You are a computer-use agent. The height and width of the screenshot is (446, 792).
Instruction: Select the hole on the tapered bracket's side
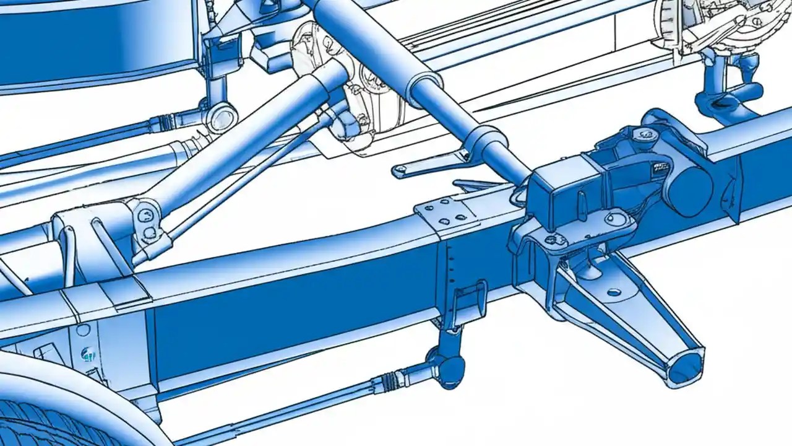(x=613, y=292)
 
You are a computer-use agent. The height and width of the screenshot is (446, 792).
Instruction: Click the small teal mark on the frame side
(x=87, y=354)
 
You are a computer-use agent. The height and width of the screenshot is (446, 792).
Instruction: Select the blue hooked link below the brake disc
(x=724, y=93)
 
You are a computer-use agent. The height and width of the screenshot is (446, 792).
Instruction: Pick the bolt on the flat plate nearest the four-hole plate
(x=550, y=238)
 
